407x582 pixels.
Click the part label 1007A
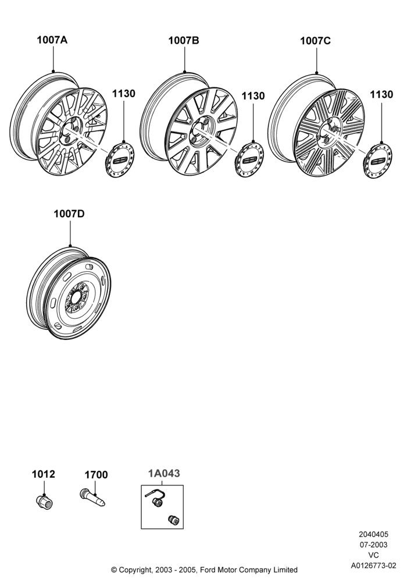coord(52,40)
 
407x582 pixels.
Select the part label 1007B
coord(184,41)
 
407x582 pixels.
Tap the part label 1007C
coord(315,41)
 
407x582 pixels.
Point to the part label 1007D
coord(69,214)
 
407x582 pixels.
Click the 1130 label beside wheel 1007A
coord(124,94)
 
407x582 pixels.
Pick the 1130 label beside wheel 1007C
coord(381,95)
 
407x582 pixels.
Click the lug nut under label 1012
coord(45,502)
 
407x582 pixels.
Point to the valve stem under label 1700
coord(92,498)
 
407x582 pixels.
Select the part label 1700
coord(97,475)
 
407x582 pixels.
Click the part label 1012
coord(44,474)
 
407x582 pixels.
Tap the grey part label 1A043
coord(164,473)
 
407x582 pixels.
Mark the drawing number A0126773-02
coord(373,565)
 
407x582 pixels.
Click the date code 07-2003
coord(373,545)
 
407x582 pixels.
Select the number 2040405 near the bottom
coord(373,534)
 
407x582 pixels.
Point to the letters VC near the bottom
coord(373,555)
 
